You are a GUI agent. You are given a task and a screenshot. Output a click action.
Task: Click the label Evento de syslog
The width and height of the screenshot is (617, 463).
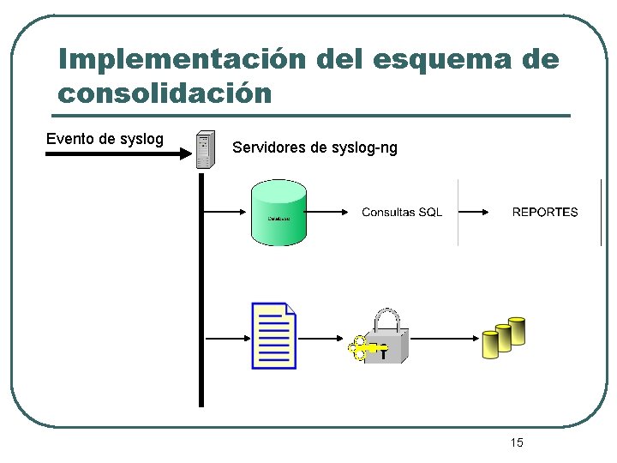(105, 139)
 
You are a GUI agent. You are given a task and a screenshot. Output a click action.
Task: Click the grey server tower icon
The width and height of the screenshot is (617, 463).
(204, 150)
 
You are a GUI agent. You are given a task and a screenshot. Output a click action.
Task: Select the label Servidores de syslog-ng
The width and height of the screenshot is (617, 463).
(314, 147)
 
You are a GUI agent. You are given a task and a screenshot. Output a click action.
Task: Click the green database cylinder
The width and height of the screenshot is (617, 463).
(279, 213)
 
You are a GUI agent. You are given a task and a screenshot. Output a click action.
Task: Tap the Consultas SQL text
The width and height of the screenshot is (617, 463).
(402, 213)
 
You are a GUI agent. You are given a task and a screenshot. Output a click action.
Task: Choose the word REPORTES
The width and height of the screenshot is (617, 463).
(545, 213)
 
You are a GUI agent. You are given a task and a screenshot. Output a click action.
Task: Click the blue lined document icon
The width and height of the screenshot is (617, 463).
(273, 335)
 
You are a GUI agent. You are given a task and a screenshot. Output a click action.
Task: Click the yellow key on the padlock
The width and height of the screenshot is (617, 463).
(363, 348)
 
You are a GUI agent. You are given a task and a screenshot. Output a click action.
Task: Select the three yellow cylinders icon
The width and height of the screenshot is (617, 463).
(503, 337)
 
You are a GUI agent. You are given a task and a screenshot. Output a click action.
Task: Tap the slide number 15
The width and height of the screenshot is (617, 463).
(517, 442)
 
